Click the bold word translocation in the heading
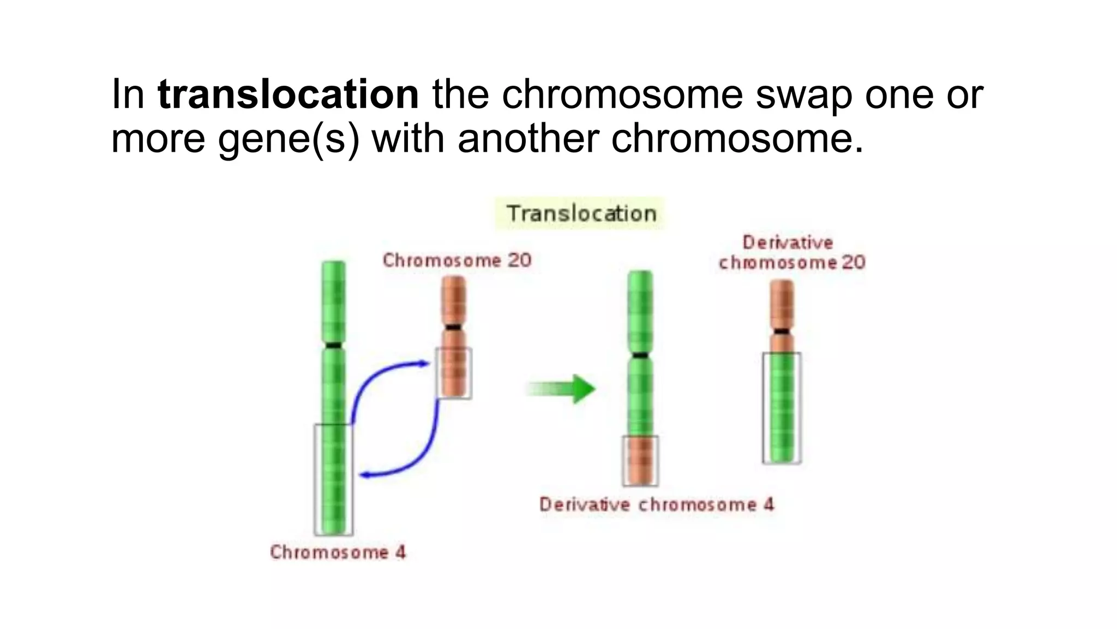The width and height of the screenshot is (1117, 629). pyautogui.click(x=288, y=94)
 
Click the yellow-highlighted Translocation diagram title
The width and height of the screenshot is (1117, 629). pyautogui.click(x=581, y=213)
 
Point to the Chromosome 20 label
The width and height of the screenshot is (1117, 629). pyautogui.click(x=457, y=260)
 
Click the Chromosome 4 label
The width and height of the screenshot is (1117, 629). pyautogui.click(x=338, y=552)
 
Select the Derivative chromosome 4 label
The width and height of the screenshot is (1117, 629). pyautogui.click(x=657, y=505)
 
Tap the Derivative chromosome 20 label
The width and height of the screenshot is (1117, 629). pyautogui.click(x=791, y=252)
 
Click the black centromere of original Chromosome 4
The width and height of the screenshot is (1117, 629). pyautogui.click(x=333, y=345)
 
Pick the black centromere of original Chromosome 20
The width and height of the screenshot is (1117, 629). pyautogui.click(x=453, y=327)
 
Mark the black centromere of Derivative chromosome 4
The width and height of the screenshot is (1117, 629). pyautogui.click(x=640, y=355)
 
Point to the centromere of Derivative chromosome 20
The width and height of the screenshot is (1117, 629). pyautogui.click(x=782, y=331)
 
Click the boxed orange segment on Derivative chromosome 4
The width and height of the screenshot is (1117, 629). pyautogui.click(x=640, y=460)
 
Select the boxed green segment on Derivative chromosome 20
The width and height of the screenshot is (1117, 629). pyautogui.click(x=782, y=408)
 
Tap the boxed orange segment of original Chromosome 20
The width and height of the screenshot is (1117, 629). pyautogui.click(x=454, y=373)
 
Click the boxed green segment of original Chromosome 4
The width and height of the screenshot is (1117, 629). pyautogui.click(x=333, y=479)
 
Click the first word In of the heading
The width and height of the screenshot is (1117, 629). pyautogui.click(x=127, y=94)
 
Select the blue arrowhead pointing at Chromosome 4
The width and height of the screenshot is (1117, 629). pyautogui.click(x=365, y=474)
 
